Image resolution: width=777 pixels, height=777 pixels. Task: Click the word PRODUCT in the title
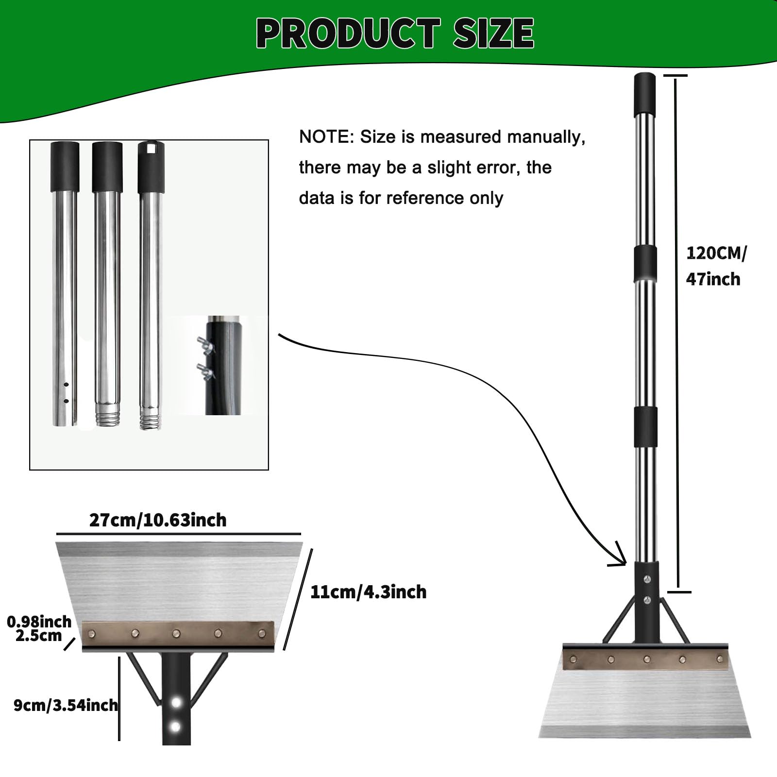(x=348, y=33)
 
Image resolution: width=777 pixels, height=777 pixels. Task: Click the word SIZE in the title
(x=494, y=33)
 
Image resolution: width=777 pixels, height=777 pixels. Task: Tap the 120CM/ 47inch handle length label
(x=716, y=266)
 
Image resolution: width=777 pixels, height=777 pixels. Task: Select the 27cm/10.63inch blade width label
(x=158, y=520)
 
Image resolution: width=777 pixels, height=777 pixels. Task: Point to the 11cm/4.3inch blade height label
(x=368, y=592)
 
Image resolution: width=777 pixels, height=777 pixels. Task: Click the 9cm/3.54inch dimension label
(x=66, y=705)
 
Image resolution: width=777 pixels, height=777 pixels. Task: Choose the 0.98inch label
(x=39, y=622)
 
